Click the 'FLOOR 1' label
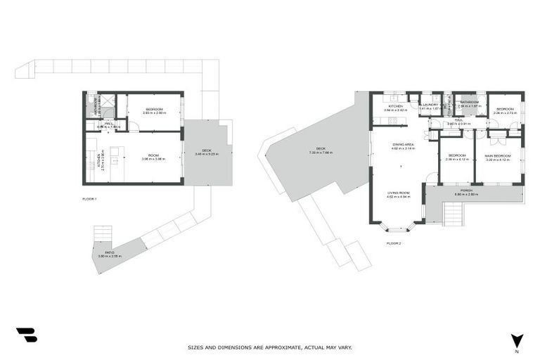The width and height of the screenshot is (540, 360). coord(89,199)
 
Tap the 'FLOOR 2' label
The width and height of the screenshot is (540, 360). coord(394,243)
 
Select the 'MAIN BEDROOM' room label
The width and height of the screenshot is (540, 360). coord(497,155)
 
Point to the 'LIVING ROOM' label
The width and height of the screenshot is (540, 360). coord(399,193)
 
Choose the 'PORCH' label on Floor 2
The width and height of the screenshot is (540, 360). coord(465,190)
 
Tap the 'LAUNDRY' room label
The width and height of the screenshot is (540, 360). coord(430,105)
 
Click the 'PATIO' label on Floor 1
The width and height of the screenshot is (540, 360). coord(110,252)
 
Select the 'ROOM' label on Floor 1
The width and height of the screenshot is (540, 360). coord(153,155)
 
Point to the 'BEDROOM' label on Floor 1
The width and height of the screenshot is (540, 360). coord(154,109)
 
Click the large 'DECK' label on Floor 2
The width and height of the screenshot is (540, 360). coord(320,148)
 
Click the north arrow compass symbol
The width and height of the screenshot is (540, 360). coord(517,340)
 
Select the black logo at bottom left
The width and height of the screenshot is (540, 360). coord(26,335)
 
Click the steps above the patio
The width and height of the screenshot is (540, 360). coord(103,233)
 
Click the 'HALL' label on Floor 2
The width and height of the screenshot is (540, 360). coord(458,120)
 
